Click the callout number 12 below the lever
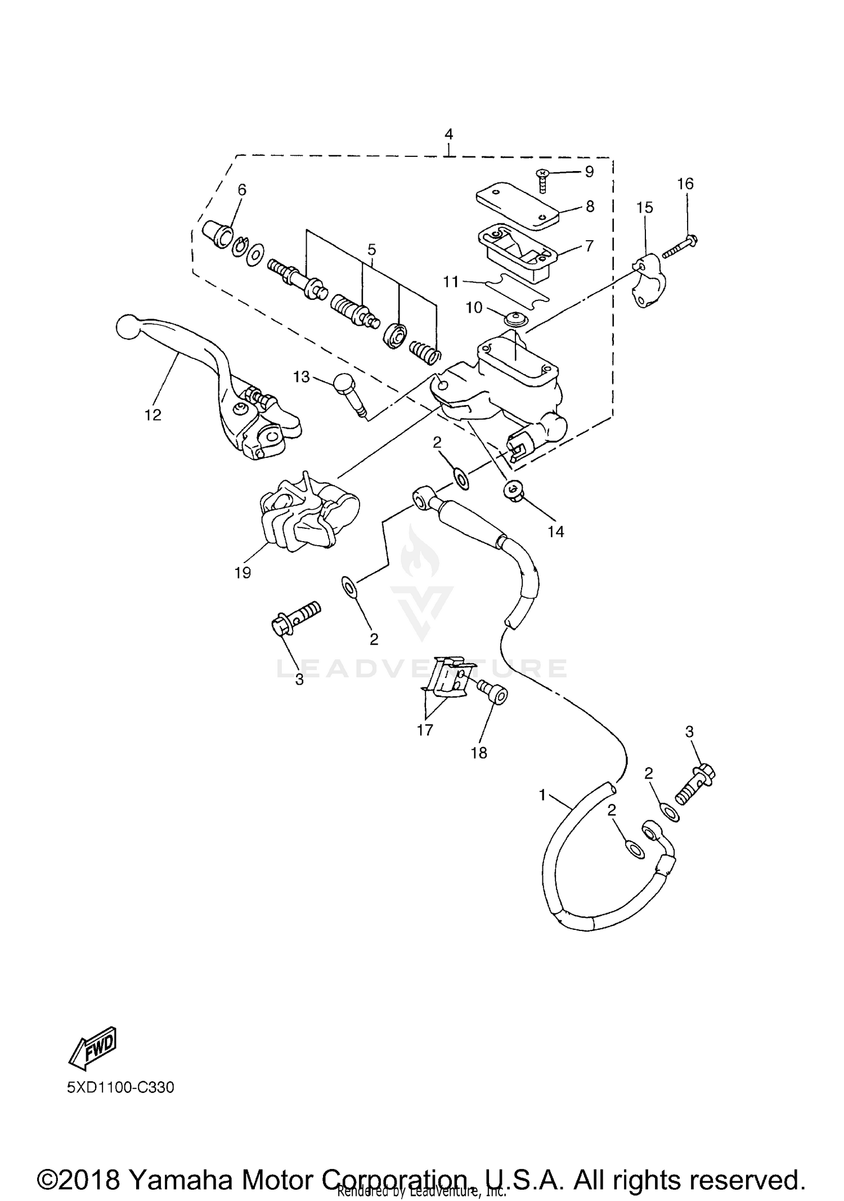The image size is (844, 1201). point(152,415)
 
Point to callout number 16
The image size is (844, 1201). point(685,184)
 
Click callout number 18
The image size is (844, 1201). point(479,753)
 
